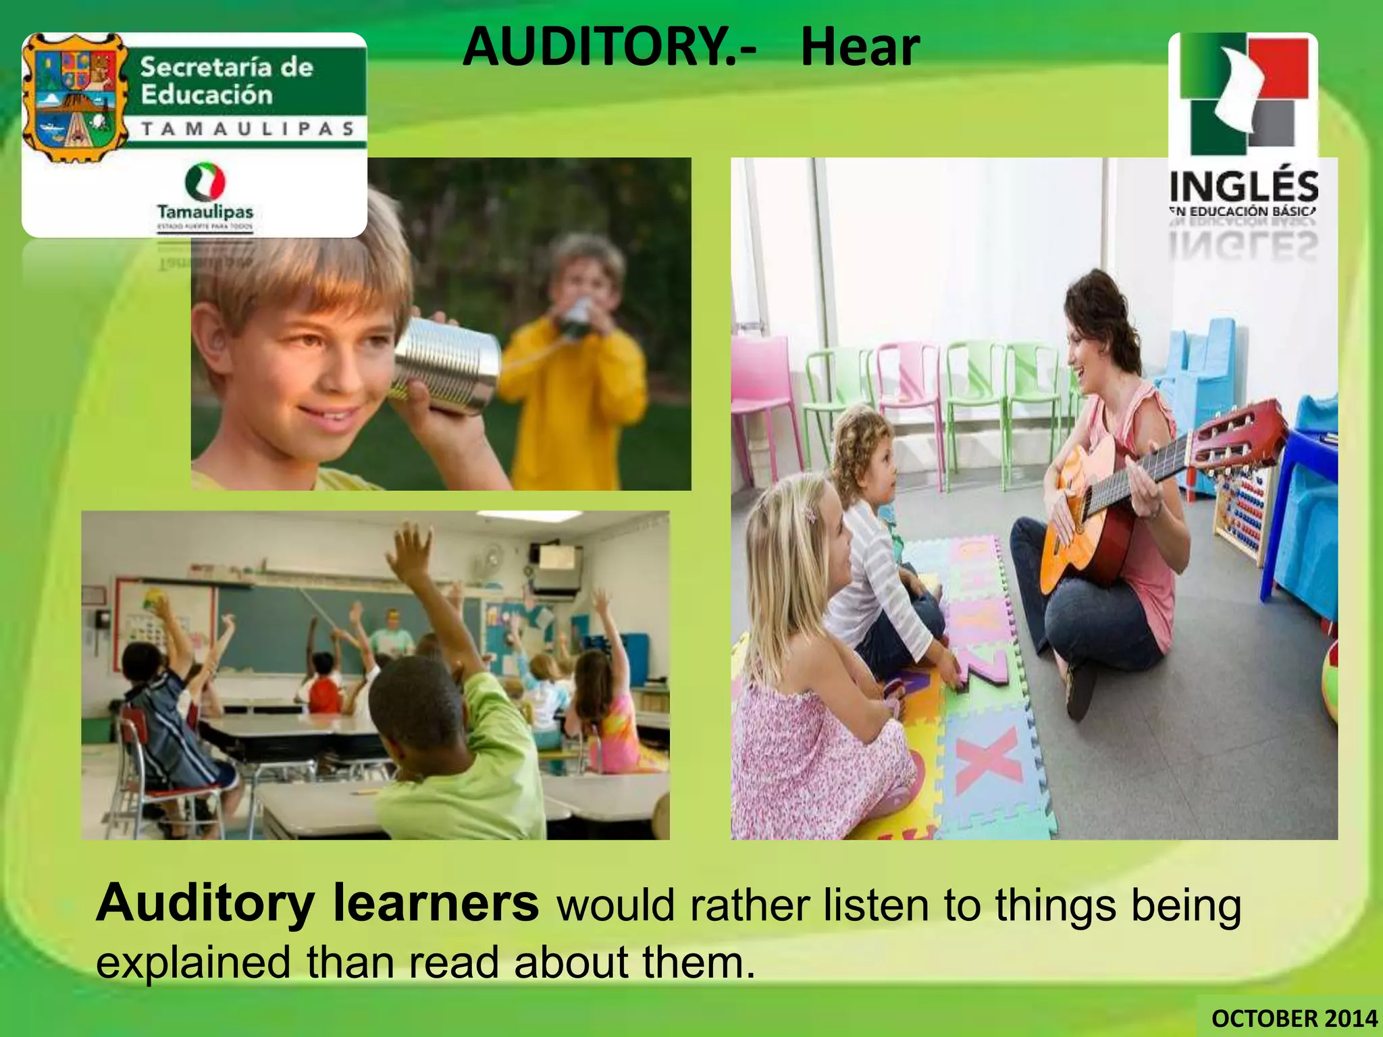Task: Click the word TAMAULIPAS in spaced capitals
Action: (248, 129)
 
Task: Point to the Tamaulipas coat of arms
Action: (74, 98)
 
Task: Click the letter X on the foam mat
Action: (986, 763)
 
